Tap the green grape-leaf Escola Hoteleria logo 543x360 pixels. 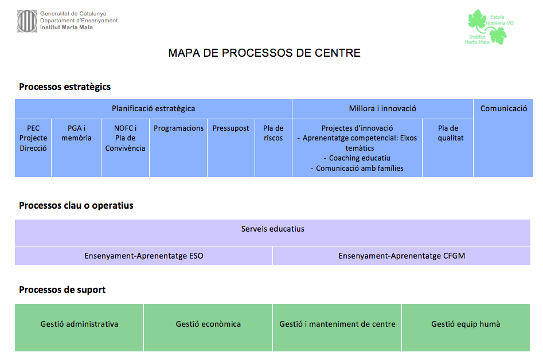click(487, 27)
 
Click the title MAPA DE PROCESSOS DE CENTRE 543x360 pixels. click(264, 53)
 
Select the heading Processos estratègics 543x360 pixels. click(65, 87)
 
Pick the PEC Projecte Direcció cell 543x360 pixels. click(33, 138)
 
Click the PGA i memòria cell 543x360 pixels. click(76, 133)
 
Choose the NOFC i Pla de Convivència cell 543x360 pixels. click(125, 138)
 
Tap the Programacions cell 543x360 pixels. click(178, 128)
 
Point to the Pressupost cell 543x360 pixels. click(231, 128)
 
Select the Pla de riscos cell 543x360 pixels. click(274, 133)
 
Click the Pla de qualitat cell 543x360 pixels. click(451, 133)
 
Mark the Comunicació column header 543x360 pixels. click(503, 108)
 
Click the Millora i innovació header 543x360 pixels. click(382, 108)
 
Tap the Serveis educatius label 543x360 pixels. click(272, 229)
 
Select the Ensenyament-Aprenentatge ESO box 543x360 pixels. click(144, 256)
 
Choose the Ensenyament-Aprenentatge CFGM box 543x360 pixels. click(401, 256)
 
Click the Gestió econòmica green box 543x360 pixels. click(208, 324)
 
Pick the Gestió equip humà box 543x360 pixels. click(466, 324)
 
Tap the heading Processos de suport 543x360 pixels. click(62, 290)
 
